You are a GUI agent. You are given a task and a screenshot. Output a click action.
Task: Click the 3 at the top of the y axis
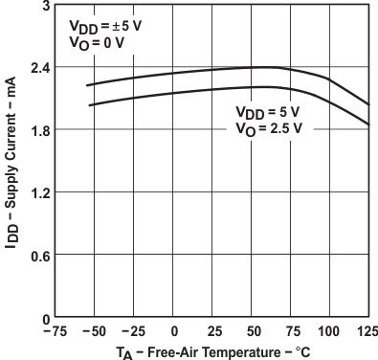(44, 6)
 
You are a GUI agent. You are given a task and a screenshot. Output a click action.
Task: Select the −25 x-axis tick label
(133, 331)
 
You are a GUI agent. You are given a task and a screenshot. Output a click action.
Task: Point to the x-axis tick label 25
(213, 331)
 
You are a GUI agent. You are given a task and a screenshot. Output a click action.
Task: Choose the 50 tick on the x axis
(253, 331)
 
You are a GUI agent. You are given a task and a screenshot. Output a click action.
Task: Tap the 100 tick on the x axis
(330, 331)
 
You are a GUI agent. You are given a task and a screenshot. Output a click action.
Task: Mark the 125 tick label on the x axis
(367, 331)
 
